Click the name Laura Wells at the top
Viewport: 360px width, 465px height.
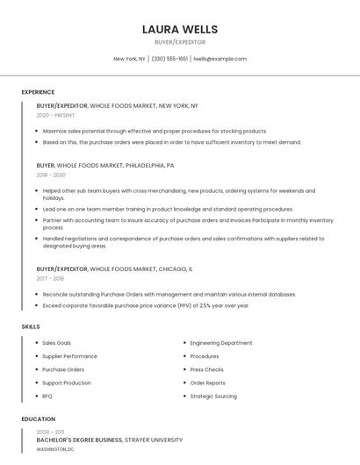coord(180,29)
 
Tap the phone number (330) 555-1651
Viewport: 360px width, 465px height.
coord(169,59)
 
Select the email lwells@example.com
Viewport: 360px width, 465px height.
coord(220,59)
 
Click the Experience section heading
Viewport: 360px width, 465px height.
coord(38,92)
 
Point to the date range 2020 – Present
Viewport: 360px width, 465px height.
coord(56,115)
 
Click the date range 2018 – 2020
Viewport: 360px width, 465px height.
coord(52,175)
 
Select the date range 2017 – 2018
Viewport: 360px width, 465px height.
coord(51,279)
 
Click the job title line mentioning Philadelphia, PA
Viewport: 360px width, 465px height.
coord(105,165)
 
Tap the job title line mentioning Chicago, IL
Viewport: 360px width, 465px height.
coord(115,269)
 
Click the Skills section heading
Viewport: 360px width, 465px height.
coord(31,326)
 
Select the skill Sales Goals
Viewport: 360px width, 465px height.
coord(57,343)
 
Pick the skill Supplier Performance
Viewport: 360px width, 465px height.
coord(69,356)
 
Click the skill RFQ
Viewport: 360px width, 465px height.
coord(47,397)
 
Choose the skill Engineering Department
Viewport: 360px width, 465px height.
coord(221,343)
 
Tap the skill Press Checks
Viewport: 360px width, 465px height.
coord(207,369)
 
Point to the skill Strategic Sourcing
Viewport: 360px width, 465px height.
coord(213,397)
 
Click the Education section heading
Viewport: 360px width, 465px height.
coord(38,419)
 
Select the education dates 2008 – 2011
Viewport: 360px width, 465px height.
coord(50,432)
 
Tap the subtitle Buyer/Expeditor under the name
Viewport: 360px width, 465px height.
coord(180,42)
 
